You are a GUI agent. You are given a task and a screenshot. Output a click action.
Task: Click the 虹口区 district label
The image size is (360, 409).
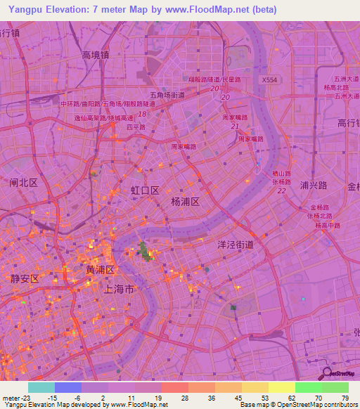pos(146,190)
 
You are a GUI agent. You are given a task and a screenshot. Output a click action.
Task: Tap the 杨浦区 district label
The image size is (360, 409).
pos(186,201)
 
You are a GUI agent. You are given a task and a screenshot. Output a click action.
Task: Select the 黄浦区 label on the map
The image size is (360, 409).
pos(100,269)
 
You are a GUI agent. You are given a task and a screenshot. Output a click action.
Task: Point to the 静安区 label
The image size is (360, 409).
pos(25,278)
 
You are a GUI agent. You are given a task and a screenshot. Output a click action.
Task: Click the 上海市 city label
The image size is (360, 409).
pos(118,289)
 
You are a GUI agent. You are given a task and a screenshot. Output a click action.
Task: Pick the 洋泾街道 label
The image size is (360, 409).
pos(235,245)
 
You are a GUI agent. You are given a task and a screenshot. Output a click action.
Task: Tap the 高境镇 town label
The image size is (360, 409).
pos(95,55)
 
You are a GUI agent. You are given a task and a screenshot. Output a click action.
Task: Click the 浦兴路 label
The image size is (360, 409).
pos(314,186)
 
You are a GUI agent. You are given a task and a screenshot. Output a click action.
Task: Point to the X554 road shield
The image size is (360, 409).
pos(269,81)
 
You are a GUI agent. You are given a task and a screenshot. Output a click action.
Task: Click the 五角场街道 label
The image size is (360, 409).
pos(167,95)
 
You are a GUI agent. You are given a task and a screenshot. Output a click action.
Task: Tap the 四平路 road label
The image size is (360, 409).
pos(135,128)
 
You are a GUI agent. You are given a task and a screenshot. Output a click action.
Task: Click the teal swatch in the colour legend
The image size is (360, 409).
pos(41,387)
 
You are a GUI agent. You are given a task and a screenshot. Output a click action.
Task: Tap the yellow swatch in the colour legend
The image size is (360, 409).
pos(281,387)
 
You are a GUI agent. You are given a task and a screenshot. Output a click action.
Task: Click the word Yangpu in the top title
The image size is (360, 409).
pos(24,10)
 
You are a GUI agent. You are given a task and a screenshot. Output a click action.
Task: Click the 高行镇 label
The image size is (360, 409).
pos(349,123)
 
